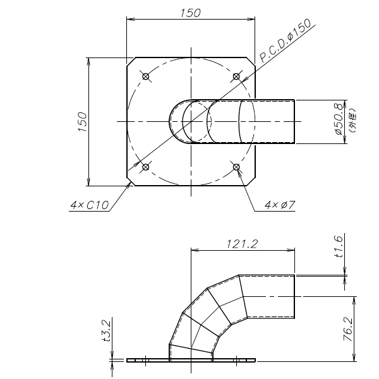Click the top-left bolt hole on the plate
pos(145,76)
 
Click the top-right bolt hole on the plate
pos(236,76)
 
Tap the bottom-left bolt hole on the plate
pos(145,167)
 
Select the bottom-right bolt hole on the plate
pos(236,167)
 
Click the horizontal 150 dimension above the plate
pos(191,13)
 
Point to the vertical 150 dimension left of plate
pos(83,122)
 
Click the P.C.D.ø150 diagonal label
pos(286,40)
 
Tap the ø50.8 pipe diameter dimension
pos(339,119)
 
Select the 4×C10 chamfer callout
pos(90,205)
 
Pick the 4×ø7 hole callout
pos(280,205)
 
